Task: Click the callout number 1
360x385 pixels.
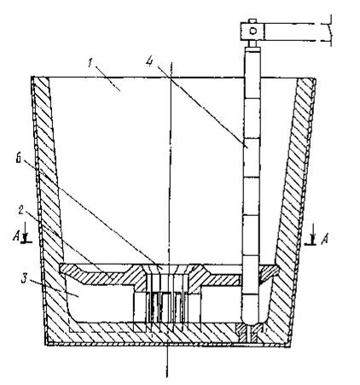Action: pos(90,63)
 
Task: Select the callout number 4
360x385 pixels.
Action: pos(149,61)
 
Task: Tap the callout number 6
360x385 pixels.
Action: pos(19,159)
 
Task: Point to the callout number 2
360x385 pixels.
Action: pos(21,210)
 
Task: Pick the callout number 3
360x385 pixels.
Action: pos(25,279)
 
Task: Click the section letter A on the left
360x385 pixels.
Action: pos(16,236)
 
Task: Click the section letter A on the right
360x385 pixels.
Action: pos(324,240)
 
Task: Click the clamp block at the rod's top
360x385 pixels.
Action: pos(253,31)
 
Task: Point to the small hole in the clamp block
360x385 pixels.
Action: pos(253,31)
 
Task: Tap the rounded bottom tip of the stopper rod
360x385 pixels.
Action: pos(251,321)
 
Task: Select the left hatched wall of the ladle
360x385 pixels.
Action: pos(49,199)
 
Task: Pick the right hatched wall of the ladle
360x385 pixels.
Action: pos(293,199)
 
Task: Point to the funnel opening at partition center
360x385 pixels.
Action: pos(168,269)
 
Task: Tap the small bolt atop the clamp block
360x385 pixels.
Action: pos(253,20)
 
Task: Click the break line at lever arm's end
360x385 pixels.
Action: pos(331,30)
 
